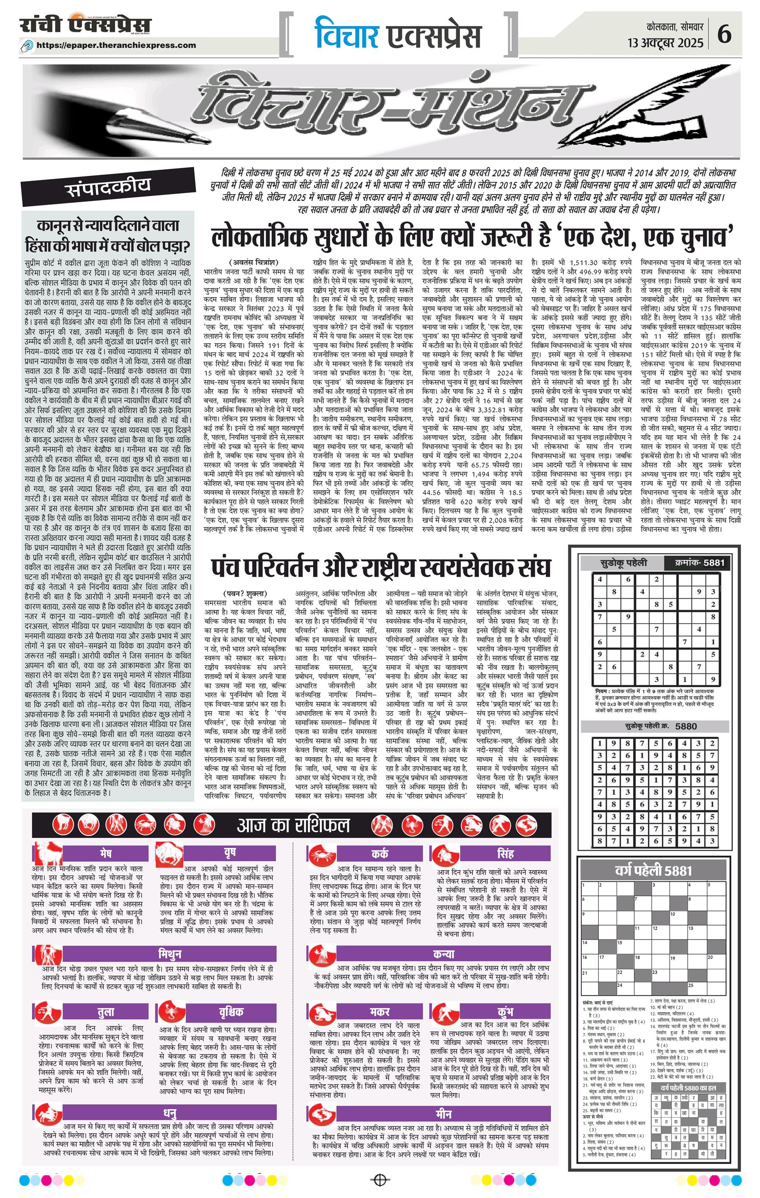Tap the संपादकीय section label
[107, 186]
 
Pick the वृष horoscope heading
[229, 853]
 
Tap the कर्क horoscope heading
[379, 854]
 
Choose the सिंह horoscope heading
[505, 854]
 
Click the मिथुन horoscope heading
[169, 954]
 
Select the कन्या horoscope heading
[443, 954]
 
